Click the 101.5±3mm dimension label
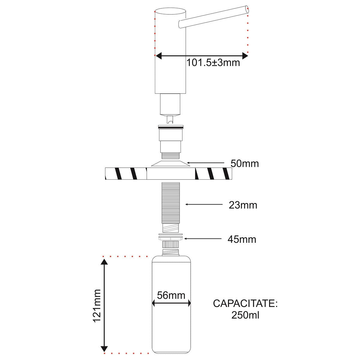coord(213,63)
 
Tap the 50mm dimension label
coord(244,164)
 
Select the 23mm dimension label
coord(243,205)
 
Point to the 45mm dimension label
coord(242,239)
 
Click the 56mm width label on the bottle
coord(171,295)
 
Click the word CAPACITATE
coord(245,303)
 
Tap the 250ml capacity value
coord(245,315)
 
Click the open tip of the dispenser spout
coord(247,9)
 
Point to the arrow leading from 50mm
coord(207,163)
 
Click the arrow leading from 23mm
coord(204,204)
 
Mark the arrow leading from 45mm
coord(204,238)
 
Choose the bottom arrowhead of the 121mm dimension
coord(104,349)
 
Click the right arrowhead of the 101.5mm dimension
coord(245,56)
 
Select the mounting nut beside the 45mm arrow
coord(171,239)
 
